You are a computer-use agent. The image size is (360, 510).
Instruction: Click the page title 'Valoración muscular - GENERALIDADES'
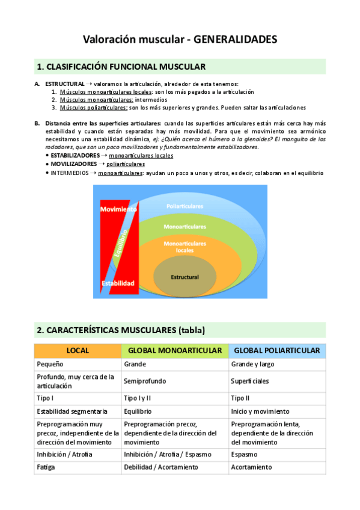coord(180,40)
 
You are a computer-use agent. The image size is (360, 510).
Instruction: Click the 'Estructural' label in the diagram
coord(185,277)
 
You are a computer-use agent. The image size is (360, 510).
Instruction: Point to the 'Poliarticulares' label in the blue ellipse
coord(186,206)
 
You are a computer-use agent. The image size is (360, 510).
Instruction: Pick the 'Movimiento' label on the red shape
coord(118,209)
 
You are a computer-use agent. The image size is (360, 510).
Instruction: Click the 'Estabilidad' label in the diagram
coord(118,283)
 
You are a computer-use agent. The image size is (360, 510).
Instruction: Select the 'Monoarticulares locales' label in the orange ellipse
coord(185,246)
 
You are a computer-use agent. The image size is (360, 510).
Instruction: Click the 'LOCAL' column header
coord(78,350)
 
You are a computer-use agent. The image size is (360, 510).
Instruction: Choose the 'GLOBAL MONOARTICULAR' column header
coord(175,350)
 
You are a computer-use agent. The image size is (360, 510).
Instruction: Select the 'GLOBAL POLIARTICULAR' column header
coord(276,350)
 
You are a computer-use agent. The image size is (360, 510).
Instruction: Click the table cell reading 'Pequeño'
coord(50,364)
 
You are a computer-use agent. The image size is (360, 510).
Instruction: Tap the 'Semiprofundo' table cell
coord(145,381)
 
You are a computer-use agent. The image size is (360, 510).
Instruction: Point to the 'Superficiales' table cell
coord(250,381)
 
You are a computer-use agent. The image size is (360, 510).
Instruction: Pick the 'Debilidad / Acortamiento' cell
coord(160,467)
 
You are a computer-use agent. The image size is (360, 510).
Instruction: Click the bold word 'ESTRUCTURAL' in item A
coord(65,84)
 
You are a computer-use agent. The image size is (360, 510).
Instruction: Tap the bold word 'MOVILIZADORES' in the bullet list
coord(73,164)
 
